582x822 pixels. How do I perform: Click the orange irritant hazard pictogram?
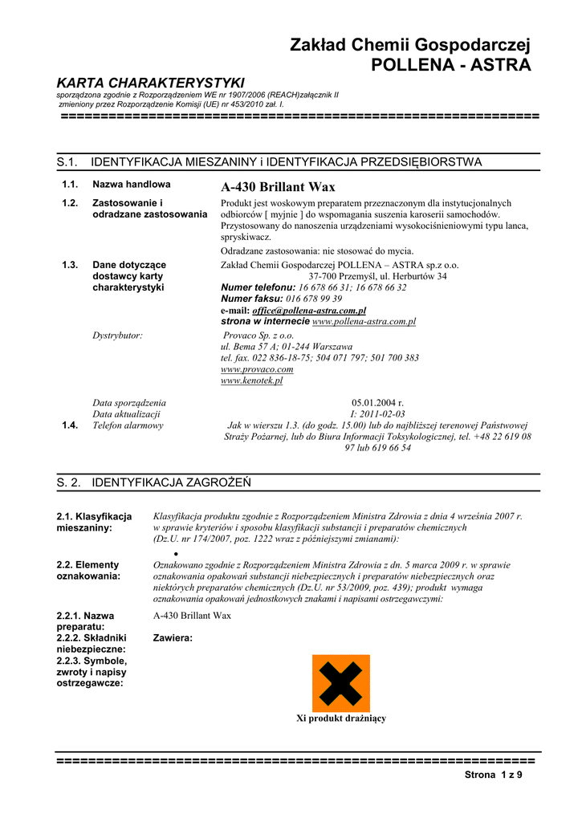(341, 683)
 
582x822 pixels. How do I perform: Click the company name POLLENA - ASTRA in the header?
(450, 65)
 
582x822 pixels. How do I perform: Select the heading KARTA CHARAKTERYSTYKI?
(150, 83)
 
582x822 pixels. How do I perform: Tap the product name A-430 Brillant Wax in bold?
(278, 187)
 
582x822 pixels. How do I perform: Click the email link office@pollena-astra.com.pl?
(309, 310)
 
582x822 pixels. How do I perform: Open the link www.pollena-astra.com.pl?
(364, 321)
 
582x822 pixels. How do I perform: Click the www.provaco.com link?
(257, 369)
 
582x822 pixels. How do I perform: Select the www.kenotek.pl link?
(252, 380)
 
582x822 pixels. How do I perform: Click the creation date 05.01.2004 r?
(377, 403)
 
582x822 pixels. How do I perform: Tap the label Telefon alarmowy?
(128, 425)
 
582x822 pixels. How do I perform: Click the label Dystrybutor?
(118, 336)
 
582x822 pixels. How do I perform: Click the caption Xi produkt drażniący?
(341, 718)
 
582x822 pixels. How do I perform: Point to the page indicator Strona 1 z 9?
(494, 775)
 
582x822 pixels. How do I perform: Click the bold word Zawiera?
(173, 638)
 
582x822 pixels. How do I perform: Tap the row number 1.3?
(70, 265)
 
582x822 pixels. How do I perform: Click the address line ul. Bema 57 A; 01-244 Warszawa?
(287, 347)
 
